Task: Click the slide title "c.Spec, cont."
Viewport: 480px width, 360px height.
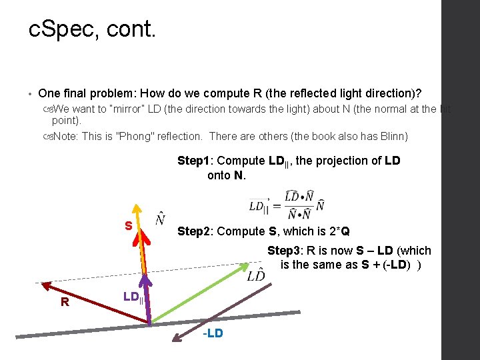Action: coord(93,29)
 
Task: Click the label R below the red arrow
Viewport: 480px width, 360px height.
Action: coord(65,302)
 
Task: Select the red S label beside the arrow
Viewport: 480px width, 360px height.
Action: coord(128,226)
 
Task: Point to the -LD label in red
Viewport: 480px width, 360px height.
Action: coord(213,333)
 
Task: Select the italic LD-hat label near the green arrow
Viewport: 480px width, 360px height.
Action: coord(256,276)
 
